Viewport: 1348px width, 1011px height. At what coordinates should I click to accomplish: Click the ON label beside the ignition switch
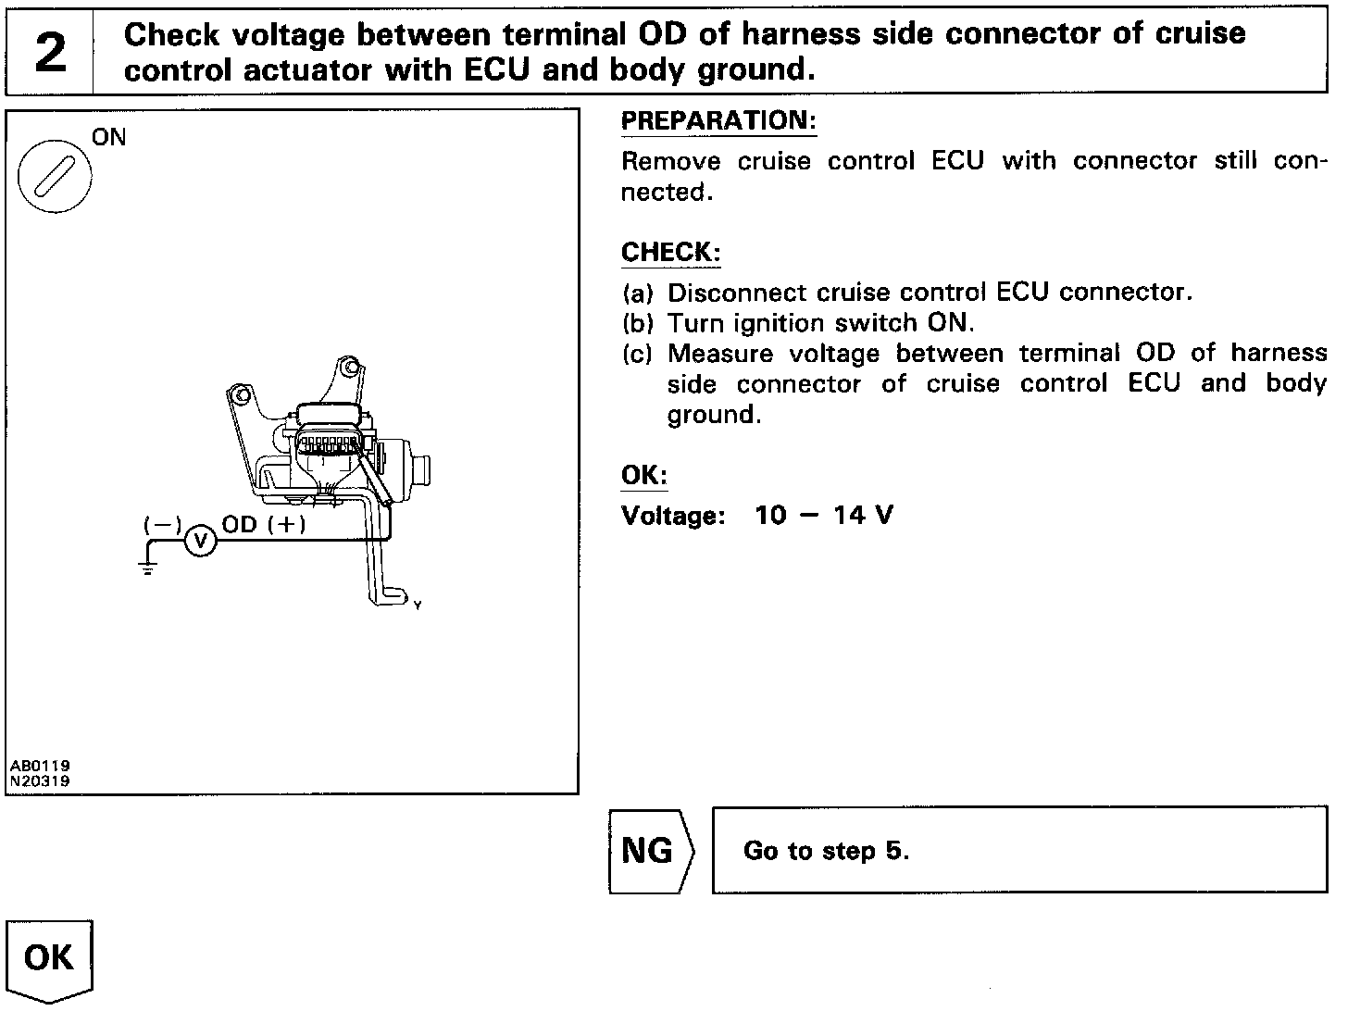tap(109, 138)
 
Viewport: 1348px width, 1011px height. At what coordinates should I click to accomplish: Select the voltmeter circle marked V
tap(201, 540)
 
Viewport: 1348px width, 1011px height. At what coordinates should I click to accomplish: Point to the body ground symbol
tap(149, 568)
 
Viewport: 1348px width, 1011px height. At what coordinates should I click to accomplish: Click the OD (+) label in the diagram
tap(264, 524)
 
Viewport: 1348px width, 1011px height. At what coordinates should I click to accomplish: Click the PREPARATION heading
tap(718, 121)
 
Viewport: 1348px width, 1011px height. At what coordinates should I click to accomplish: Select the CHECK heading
tap(670, 253)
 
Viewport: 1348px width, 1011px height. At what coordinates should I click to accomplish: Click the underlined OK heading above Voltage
tap(644, 476)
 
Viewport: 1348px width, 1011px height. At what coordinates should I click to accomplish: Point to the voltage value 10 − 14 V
tap(823, 516)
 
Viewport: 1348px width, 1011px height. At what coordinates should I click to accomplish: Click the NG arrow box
tap(650, 851)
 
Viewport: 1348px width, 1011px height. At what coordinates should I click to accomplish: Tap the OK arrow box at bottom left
tap(50, 958)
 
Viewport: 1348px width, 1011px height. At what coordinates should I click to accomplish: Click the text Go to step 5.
tap(826, 851)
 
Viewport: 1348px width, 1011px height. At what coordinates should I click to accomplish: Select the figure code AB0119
tap(40, 767)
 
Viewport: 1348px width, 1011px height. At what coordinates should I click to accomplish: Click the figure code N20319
tap(40, 780)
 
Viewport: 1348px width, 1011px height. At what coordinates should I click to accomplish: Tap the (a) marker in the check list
tap(638, 293)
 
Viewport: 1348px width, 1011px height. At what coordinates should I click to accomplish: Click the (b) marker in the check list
tap(638, 324)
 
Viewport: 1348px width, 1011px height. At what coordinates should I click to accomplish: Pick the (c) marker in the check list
tap(638, 355)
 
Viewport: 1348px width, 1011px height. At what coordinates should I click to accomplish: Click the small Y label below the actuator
tap(418, 605)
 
